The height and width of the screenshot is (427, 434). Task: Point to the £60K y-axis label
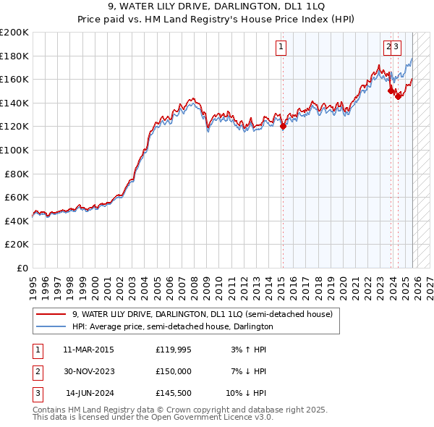[16, 197]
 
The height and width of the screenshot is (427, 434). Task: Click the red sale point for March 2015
[283, 127]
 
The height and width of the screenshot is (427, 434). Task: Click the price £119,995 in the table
[174, 350]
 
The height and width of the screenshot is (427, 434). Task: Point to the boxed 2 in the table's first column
[37, 371]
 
